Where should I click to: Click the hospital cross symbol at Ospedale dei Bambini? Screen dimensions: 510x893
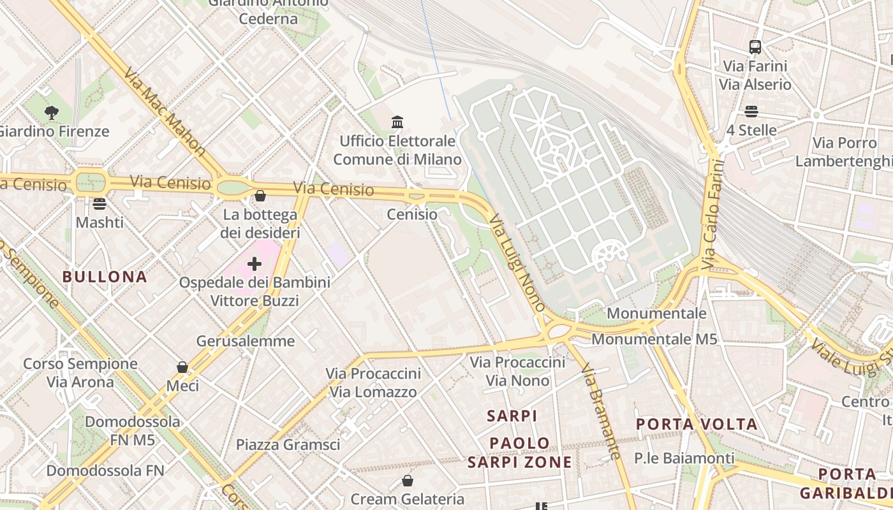[255, 264]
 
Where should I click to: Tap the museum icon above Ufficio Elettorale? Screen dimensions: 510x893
[397, 122]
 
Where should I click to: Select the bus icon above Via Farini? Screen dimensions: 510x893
[755, 47]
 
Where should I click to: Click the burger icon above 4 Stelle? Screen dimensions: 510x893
[751, 112]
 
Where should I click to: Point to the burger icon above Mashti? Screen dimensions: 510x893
[100, 204]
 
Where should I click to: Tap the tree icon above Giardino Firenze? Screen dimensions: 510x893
[52, 113]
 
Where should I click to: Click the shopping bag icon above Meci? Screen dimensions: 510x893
[182, 367]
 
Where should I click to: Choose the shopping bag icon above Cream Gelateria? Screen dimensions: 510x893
[407, 481]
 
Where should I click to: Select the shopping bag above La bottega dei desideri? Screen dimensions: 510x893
[260, 196]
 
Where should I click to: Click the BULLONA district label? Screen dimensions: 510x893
[105, 277]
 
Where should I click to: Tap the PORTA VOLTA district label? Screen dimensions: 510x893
[697, 424]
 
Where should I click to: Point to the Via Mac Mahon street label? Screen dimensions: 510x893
[165, 112]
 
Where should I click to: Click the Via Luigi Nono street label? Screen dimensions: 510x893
[517, 262]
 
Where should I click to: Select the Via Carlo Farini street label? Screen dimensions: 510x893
[714, 214]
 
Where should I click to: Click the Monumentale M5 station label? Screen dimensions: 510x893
[654, 339]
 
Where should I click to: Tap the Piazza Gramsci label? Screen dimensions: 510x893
[288, 445]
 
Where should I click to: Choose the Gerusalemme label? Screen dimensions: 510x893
[246, 341]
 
